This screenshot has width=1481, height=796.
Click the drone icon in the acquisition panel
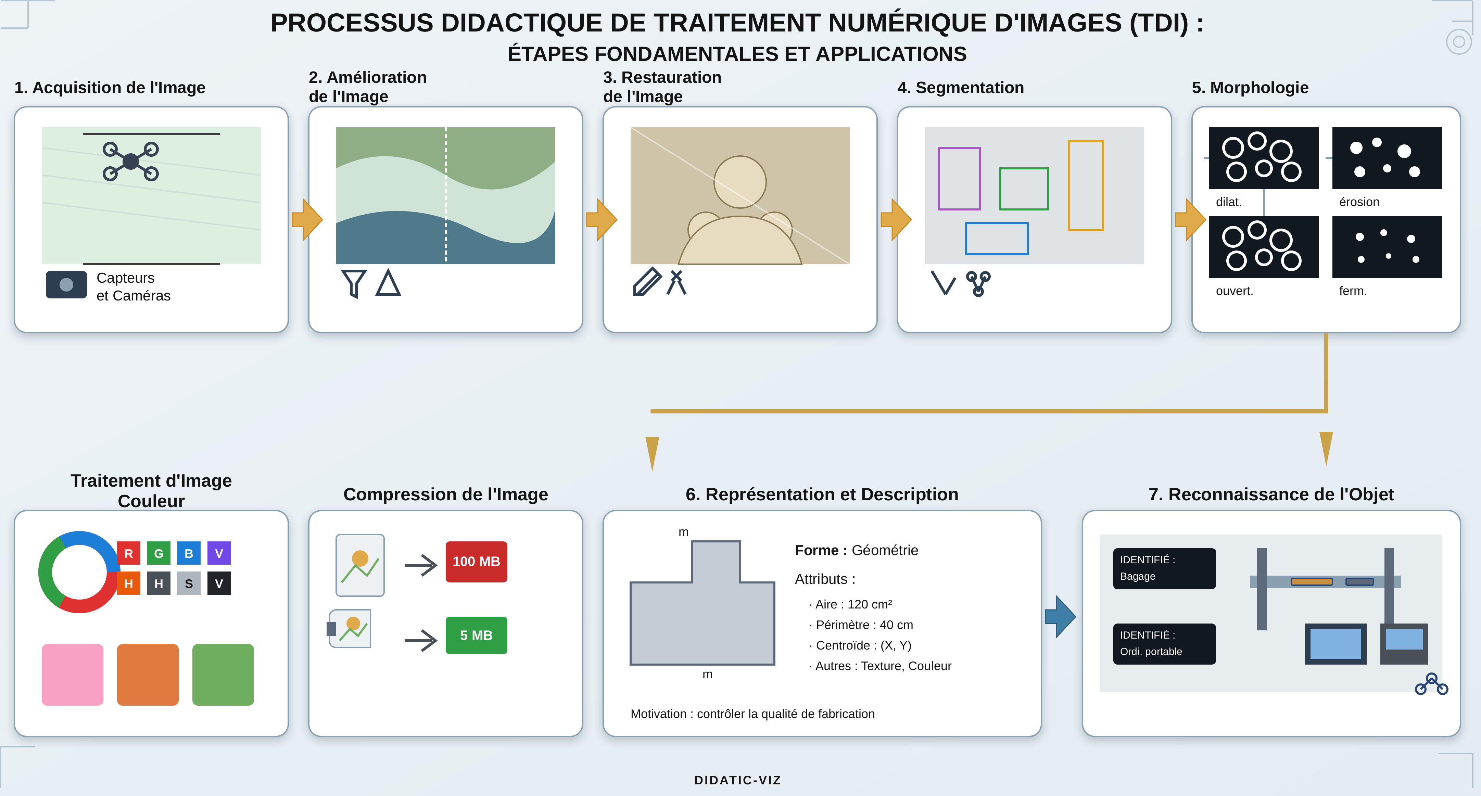tap(130, 162)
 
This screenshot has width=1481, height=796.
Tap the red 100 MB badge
tap(476, 562)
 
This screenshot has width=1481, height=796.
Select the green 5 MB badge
tap(476, 635)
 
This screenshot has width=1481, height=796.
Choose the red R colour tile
tap(128, 553)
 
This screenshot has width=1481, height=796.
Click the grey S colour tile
tap(189, 583)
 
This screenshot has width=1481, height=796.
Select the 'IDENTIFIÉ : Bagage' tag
tap(1164, 568)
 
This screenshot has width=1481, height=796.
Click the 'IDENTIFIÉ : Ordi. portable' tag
tap(1164, 644)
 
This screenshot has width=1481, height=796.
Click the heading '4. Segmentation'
tap(961, 87)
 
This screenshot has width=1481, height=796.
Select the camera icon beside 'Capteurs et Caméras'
tap(66, 284)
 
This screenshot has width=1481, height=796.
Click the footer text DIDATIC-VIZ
tap(738, 780)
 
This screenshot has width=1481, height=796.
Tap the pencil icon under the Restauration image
tap(647, 282)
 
